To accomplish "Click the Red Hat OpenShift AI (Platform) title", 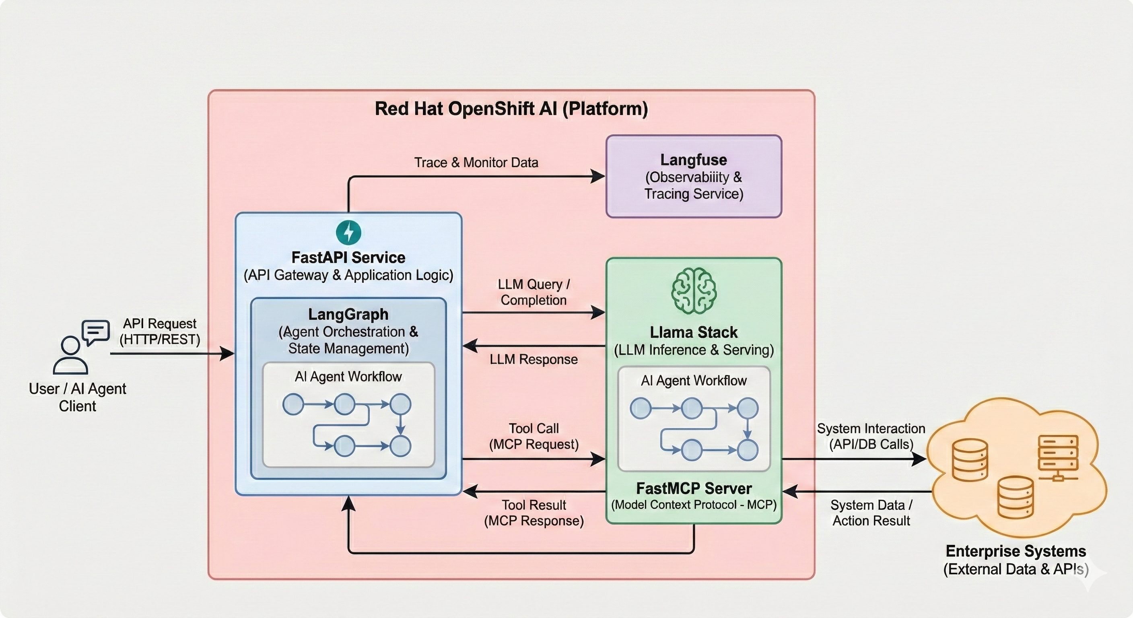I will pos(511,109).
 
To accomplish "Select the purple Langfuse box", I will pos(694,176).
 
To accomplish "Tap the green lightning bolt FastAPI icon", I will pos(348,232).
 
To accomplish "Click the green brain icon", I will pos(694,291).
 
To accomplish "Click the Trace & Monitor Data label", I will pos(476,162).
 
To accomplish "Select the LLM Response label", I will pos(534,359).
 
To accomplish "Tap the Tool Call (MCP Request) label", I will pos(534,436).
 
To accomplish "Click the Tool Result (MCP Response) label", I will pos(534,513).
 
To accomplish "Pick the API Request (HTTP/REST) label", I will pos(160,331).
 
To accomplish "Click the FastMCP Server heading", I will pos(694,488).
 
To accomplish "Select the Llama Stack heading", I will pos(694,332).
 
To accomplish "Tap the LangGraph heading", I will pos(348,314).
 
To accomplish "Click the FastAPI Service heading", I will pos(348,257).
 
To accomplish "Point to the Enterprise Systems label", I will pos(1016,551).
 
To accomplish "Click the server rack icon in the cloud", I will pos(1058,457).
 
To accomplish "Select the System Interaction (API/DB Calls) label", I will pos(871,436).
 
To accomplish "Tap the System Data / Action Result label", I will pos(871,513).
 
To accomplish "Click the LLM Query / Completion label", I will pos(534,292).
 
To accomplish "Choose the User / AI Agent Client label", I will pos(77,397).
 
